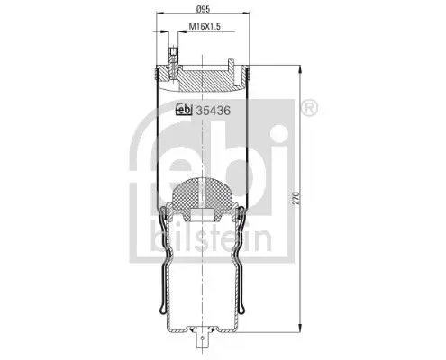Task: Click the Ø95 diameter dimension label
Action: click(203, 9)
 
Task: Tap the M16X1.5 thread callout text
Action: click(205, 26)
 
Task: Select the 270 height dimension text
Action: click(296, 198)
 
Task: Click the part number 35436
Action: click(213, 111)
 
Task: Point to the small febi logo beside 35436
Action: click(184, 110)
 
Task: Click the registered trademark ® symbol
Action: click(309, 108)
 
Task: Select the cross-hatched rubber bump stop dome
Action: click(203, 194)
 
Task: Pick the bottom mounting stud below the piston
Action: click(203, 339)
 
